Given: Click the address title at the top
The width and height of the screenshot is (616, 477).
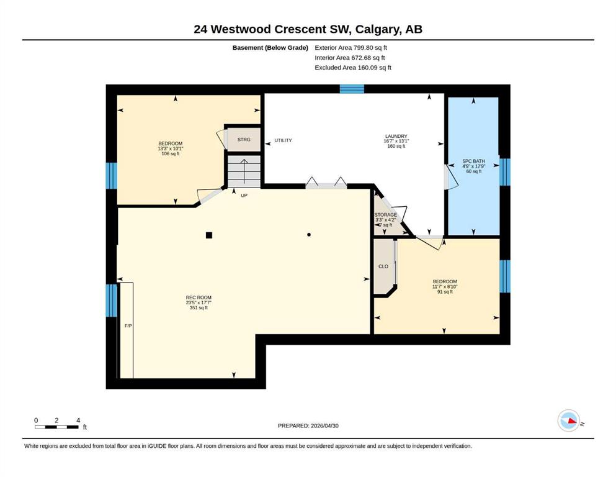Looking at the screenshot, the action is (x=308, y=29).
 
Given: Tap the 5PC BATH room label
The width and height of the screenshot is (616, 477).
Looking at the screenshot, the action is (x=473, y=161).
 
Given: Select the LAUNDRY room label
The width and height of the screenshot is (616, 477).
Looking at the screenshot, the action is (x=396, y=136).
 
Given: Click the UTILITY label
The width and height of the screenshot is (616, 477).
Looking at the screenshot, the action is (x=283, y=140).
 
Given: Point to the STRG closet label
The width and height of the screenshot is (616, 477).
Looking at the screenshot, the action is (x=244, y=140).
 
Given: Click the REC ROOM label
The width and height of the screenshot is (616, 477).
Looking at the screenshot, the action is (x=199, y=298).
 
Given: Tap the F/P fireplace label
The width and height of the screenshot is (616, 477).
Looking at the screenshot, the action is (x=128, y=326).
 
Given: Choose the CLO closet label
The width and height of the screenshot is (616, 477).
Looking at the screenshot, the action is (x=383, y=266).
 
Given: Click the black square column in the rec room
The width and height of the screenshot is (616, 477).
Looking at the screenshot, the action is (x=209, y=235).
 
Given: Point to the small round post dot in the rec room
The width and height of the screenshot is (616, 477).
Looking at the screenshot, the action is (x=309, y=235).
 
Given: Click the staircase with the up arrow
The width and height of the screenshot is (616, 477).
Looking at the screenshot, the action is (x=244, y=171).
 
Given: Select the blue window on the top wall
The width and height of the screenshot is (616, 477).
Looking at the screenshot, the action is (x=352, y=89).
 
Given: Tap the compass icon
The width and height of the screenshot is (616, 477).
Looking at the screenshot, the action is (x=569, y=420).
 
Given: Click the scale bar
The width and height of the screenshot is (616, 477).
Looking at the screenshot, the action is (x=56, y=427).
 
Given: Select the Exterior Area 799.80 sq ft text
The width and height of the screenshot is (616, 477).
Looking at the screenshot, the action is (x=351, y=48).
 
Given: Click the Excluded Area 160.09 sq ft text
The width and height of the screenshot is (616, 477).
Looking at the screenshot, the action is (x=353, y=68).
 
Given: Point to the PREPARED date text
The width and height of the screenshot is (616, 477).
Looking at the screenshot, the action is (x=308, y=425).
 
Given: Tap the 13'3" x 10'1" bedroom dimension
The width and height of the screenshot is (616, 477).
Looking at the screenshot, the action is (x=171, y=148).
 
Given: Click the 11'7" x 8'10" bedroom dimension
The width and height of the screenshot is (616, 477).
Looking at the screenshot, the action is (x=445, y=287).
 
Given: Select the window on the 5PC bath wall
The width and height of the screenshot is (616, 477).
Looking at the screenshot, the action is (x=505, y=172).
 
